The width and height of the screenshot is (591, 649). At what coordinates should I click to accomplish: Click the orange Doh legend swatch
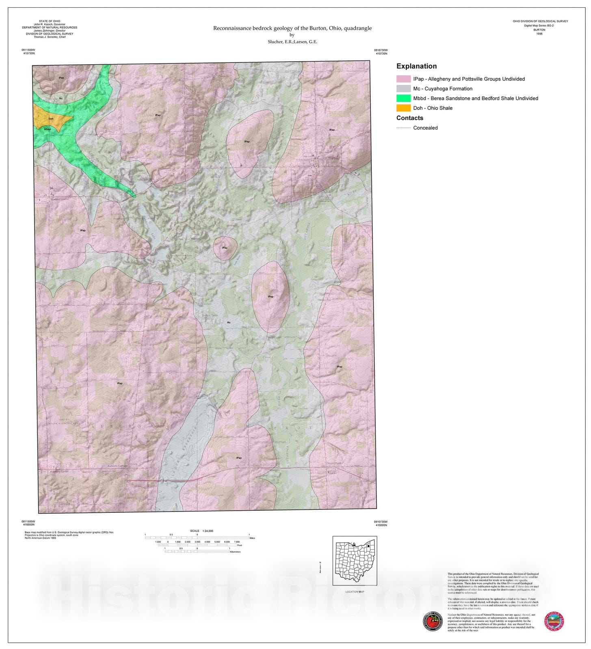tap(403, 108)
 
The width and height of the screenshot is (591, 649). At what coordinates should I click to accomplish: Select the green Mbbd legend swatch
tap(403, 98)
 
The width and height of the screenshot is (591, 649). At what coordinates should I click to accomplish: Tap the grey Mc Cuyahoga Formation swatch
tap(403, 88)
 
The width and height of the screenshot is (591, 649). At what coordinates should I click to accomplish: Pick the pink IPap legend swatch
tap(403, 79)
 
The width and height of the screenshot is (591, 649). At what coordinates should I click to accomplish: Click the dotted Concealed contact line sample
tap(403, 128)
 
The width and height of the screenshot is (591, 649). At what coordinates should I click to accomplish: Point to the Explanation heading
tap(416, 66)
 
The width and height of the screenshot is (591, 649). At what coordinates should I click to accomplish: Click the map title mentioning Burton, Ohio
tap(292, 28)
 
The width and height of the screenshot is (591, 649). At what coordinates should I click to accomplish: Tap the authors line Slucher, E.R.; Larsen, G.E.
tap(292, 42)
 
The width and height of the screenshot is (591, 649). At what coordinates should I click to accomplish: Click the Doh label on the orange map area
tap(51, 119)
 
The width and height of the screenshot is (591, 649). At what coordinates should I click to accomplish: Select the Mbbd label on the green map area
tap(48, 129)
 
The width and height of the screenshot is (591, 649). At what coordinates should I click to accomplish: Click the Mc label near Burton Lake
tap(229, 322)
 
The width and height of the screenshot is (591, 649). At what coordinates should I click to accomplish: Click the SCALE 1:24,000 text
tap(201, 531)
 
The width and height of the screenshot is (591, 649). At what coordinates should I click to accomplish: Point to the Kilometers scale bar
tap(197, 551)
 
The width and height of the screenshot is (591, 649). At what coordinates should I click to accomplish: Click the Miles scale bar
tap(197, 538)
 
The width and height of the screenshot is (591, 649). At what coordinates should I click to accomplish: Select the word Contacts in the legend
tap(409, 118)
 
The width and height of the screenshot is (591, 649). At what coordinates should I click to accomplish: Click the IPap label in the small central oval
tap(225, 247)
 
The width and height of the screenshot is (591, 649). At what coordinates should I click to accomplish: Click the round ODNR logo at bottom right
tap(554, 621)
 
